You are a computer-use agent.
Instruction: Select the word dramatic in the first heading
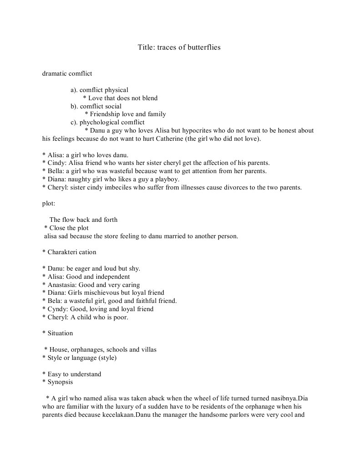pyautogui.click(x=54, y=73)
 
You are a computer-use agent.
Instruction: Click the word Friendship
pyautogui.click(x=104, y=114)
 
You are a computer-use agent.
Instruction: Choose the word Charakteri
pyautogui.click(x=63, y=252)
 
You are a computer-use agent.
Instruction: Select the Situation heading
pyautogui.click(x=60, y=333)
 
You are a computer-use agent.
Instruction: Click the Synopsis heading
pyautogui.click(x=60, y=382)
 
